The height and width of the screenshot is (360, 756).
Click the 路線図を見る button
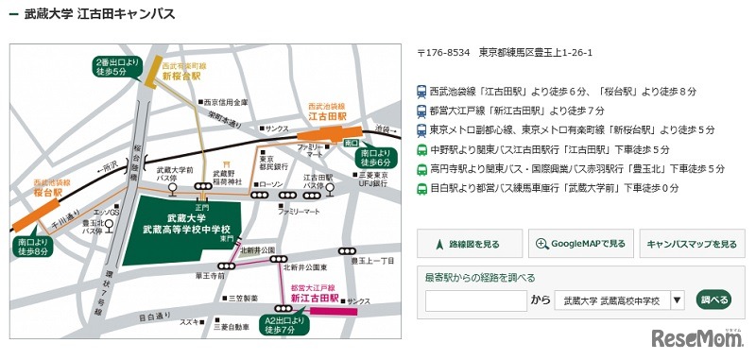[470, 244]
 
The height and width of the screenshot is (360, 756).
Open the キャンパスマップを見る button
[692, 244]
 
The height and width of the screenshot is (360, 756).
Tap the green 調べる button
[714, 300]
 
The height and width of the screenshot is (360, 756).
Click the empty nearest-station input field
[476, 301]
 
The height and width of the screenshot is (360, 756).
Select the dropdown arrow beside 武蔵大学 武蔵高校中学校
[677, 301]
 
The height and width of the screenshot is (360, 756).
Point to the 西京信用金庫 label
[226, 102]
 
